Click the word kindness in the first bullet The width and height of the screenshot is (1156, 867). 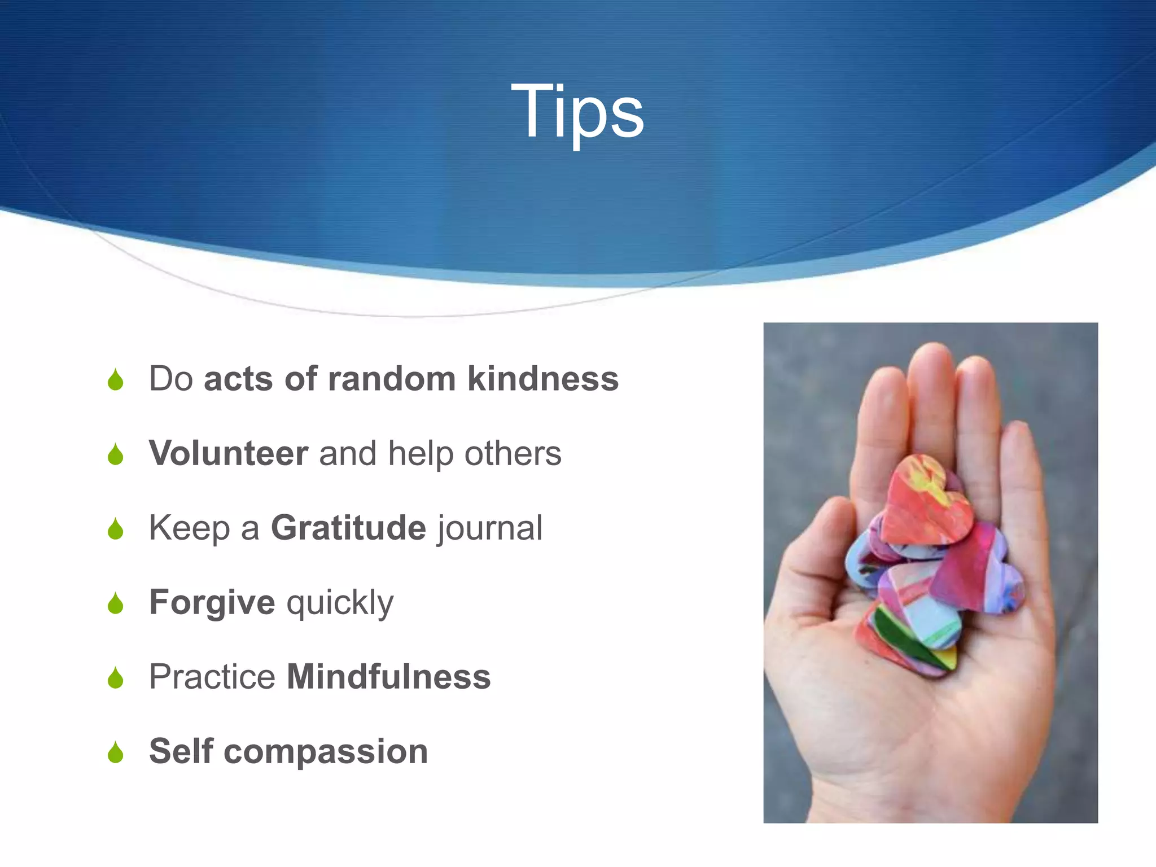(543, 379)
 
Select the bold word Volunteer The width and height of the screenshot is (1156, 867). (229, 453)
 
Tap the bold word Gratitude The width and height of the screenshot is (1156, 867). (348, 528)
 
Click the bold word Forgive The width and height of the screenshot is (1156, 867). (212, 602)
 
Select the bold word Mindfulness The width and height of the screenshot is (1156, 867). (388, 677)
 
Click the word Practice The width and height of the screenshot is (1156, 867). (212, 677)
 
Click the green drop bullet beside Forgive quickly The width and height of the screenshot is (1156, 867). (116, 603)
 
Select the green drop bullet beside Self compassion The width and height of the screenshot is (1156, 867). (116, 752)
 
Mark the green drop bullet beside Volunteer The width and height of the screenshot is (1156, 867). (116, 454)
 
